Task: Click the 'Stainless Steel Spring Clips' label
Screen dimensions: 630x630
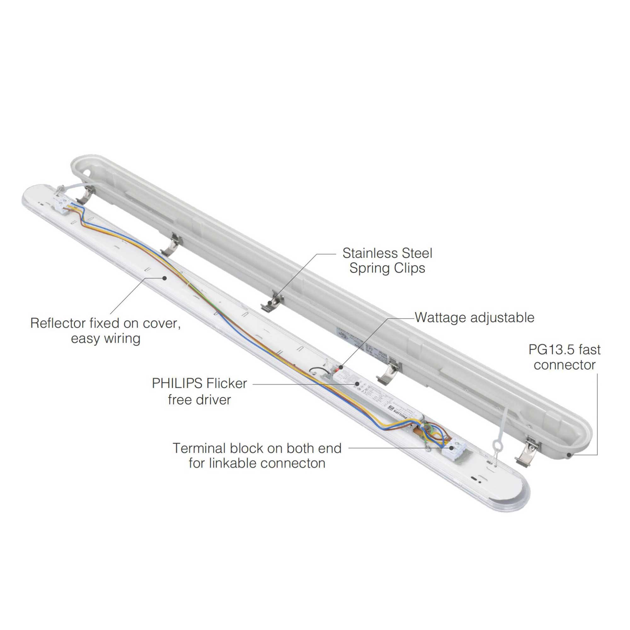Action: point(387,261)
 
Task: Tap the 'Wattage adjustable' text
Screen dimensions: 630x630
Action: point(474,317)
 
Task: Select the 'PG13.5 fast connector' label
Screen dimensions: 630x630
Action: point(564,357)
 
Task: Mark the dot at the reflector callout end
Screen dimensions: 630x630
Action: point(165,278)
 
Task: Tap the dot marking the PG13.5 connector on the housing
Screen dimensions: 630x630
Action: point(569,455)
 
